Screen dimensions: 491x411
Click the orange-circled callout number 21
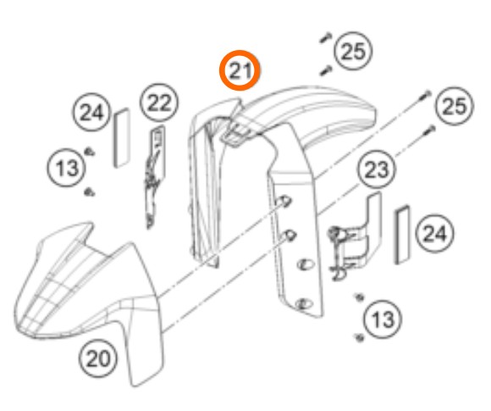point(240,70)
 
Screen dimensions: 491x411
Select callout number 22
point(159,103)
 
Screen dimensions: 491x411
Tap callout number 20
point(97,358)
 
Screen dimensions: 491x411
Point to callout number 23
point(377,169)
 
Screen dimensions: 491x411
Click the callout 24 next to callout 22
point(91,112)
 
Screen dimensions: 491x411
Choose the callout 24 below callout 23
point(434,234)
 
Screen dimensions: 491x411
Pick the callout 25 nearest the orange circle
point(354,51)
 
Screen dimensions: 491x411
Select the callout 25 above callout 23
point(455,106)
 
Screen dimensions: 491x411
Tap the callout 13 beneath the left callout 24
point(66,168)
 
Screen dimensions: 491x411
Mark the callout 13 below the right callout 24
point(383,319)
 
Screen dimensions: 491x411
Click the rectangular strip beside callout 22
point(121,138)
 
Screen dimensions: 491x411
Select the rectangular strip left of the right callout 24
point(402,235)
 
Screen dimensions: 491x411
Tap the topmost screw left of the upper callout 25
point(326,37)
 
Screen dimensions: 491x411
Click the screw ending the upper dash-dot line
point(426,95)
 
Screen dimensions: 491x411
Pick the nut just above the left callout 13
point(90,152)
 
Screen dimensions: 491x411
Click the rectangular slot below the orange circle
point(235,134)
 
